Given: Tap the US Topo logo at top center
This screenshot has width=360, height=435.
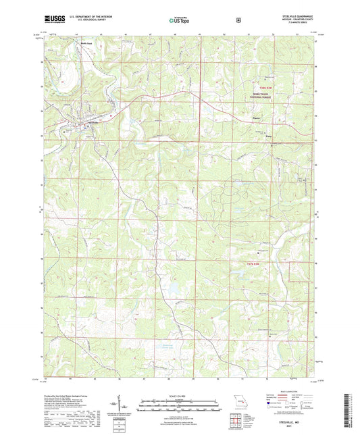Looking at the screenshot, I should [x=179, y=21].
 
